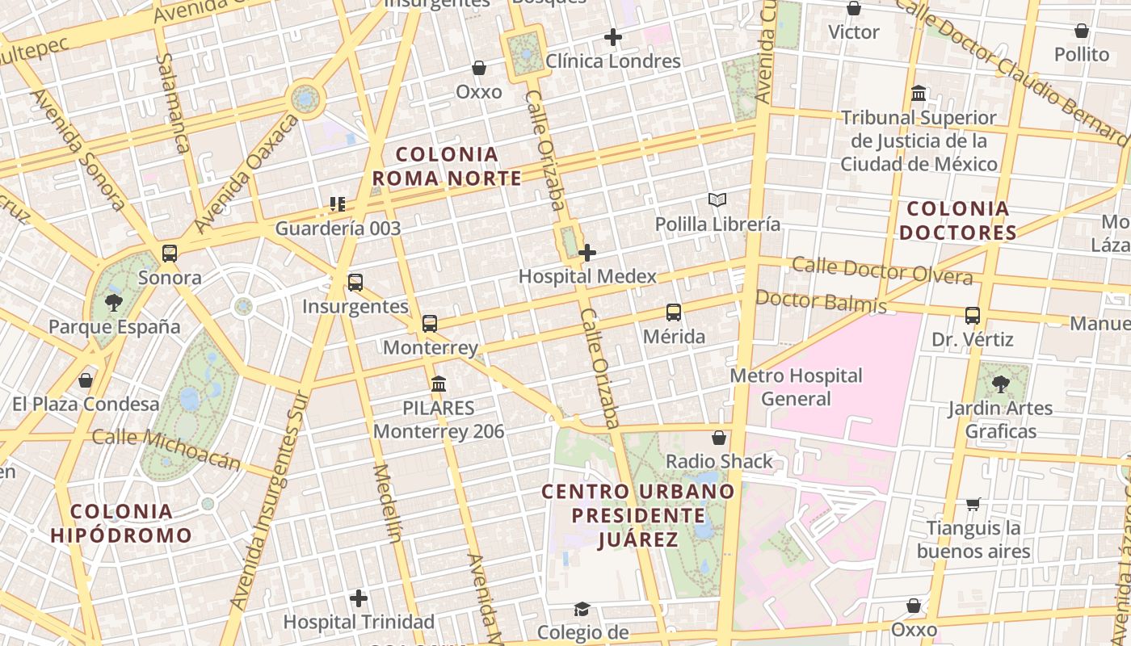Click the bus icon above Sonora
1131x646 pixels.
coord(170,254)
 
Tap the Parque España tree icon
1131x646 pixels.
coord(114,303)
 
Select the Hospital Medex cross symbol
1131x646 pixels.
coord(587,253)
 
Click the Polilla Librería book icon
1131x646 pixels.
coord(717,199)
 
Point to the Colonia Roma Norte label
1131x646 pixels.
coord(447,166)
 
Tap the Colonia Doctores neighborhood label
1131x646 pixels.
coord(957,220)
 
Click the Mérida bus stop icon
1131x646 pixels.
coord(674,313)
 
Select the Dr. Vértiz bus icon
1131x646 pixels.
coord(973,316)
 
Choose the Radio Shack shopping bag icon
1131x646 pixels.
coord(719,438)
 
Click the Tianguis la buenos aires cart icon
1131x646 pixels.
coord(973,504)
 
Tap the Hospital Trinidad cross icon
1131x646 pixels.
coord(359,598)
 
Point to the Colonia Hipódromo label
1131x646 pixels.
coord(121,522)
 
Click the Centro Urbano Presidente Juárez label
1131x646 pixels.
coord(638,514)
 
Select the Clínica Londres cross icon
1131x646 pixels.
coord(613,37)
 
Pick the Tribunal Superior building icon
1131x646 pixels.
coord(919,94)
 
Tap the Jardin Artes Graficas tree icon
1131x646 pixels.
coord(1001,384)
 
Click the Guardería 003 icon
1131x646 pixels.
coord(338,204)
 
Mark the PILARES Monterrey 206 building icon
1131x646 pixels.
coord(439,384)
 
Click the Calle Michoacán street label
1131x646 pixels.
coord(166,449)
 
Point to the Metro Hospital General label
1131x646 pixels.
coord(796,387)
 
